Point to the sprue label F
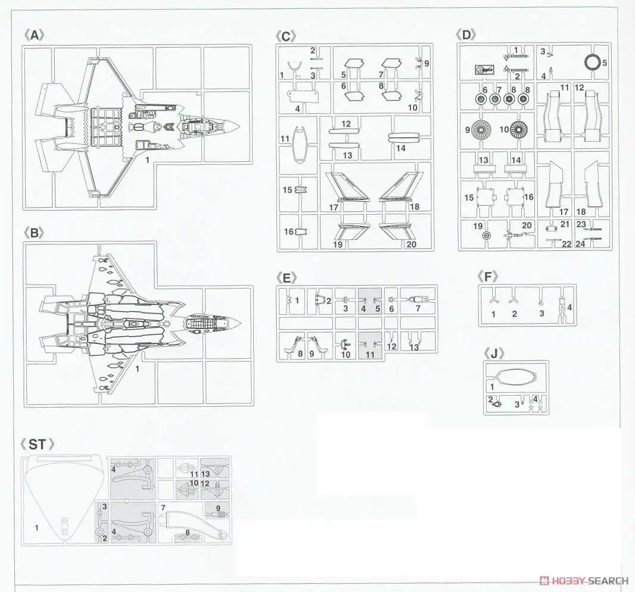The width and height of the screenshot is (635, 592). [x=488, y=276]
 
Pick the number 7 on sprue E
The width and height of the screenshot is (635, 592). [x=418, y=308]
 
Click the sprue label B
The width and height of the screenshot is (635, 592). [x=35, y=233]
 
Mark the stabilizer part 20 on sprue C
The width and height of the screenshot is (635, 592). [x=394, y=231]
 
